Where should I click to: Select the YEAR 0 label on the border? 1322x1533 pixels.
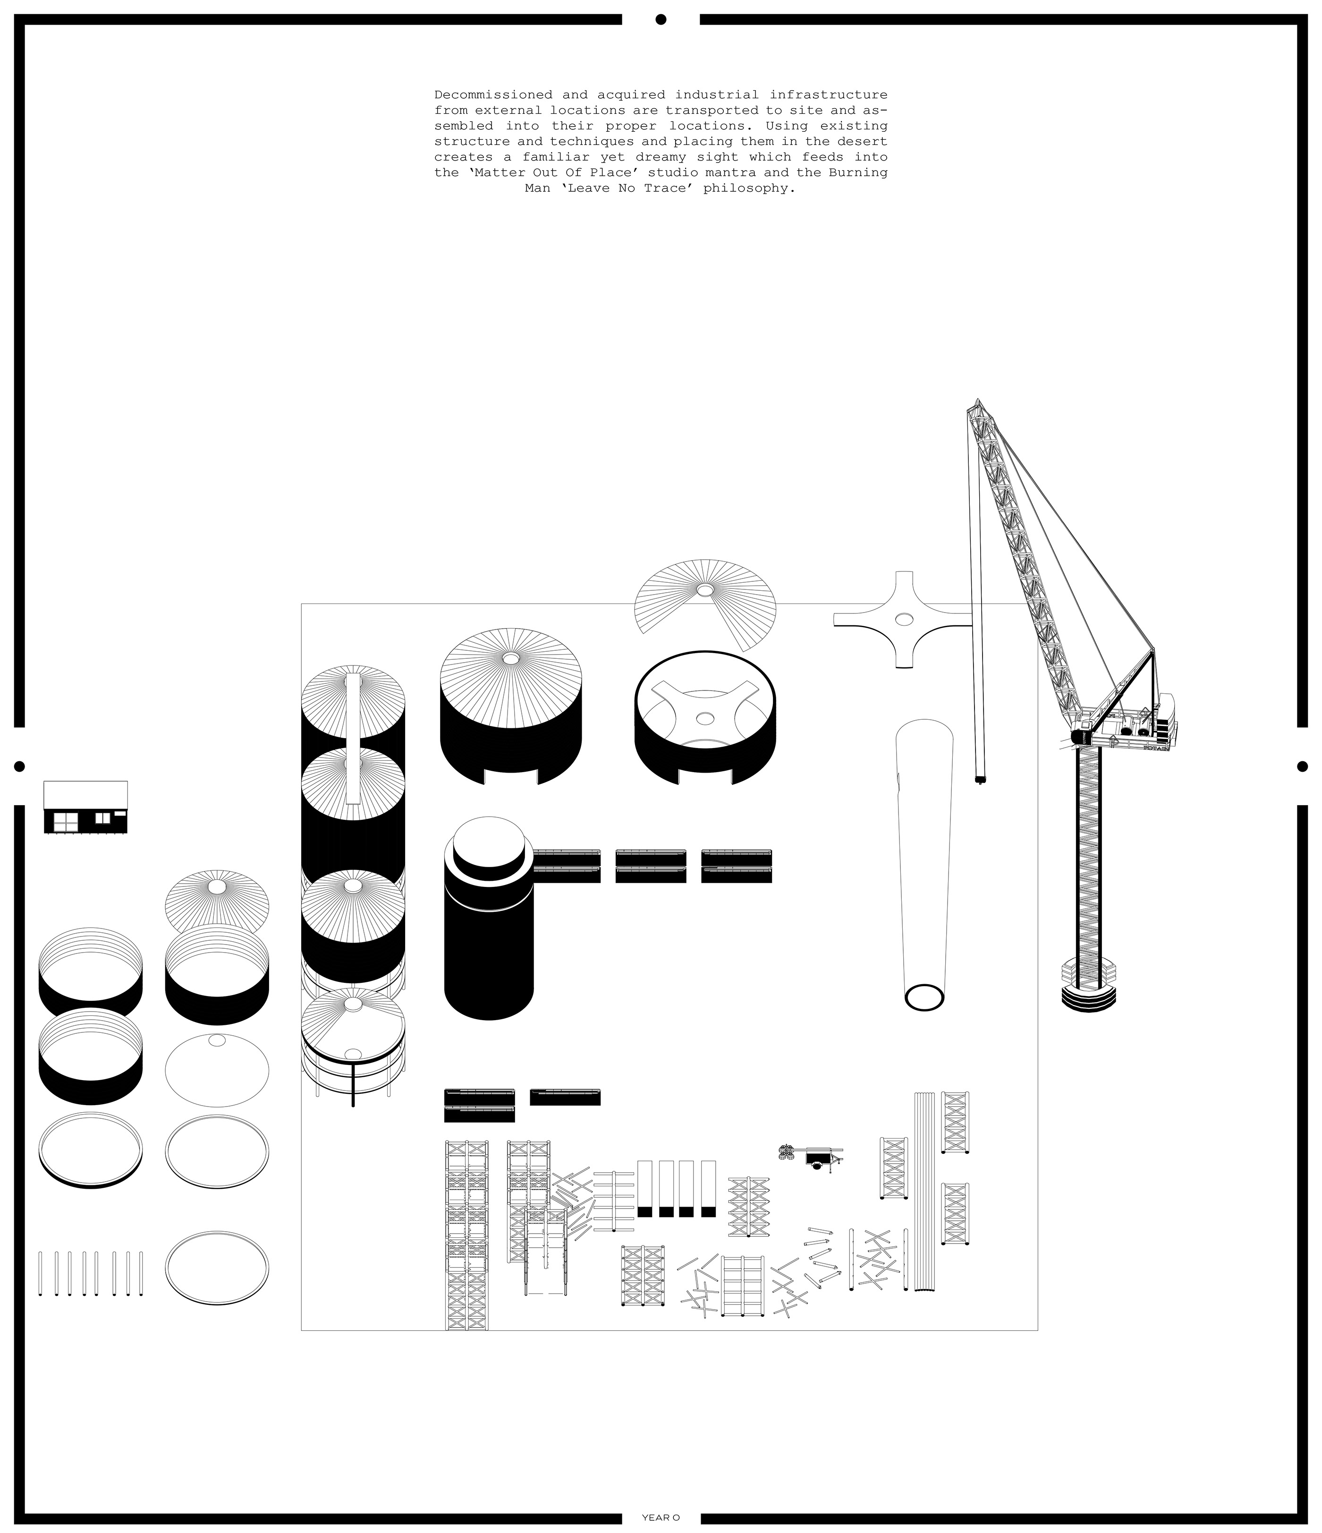(x=661, y=1517)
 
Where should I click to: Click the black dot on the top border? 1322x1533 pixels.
(x=661, y=19)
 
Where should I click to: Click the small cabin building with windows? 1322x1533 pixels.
(x=85, y=807)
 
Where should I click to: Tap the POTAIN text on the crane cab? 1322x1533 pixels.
(x=1156, y=748)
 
